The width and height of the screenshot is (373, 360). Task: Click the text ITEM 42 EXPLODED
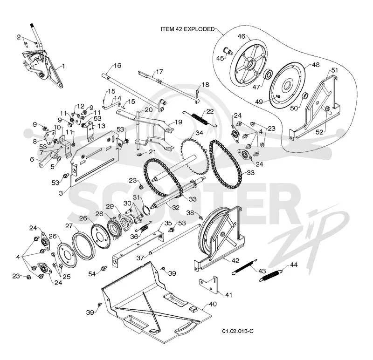[x=187, y=29]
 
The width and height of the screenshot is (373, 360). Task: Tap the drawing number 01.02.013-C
[x=238, y=331]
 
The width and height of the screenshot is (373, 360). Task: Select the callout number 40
[x=213, y=304]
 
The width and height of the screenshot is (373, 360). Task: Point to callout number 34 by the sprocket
[x=199, y=133]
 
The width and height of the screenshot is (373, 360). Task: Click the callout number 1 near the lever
[x=63, y=66]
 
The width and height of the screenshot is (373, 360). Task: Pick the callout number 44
[x=294, y=265]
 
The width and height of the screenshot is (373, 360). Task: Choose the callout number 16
[x=117, y=65]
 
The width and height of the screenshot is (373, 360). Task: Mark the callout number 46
[x=241, y=36]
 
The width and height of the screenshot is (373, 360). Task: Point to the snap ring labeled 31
[x=147, y=210]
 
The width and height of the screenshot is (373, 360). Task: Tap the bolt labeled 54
[x=104, y=268]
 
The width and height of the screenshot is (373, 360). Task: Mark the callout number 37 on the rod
[x=140, y=258]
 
